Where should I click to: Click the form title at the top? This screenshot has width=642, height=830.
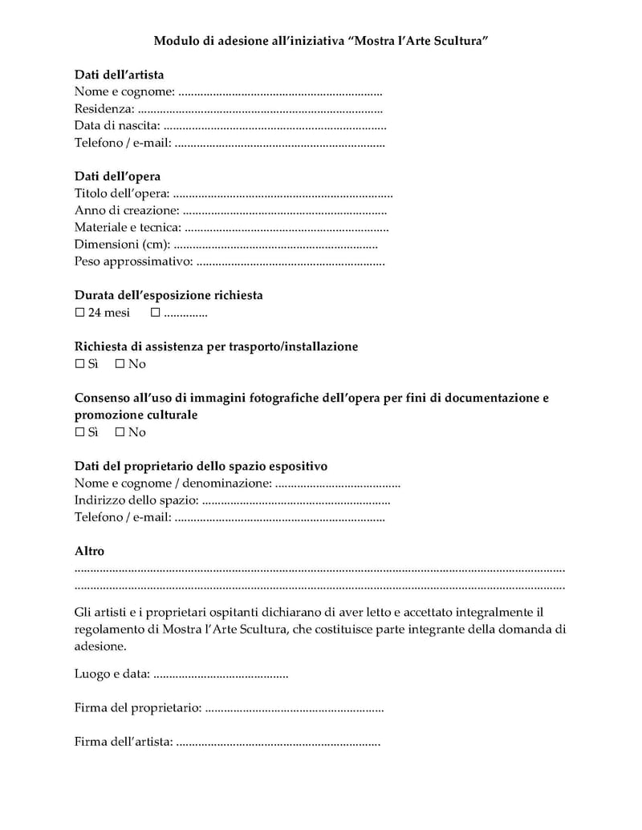[x=321, y=39]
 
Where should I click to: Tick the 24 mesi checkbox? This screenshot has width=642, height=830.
[x=79, y=313]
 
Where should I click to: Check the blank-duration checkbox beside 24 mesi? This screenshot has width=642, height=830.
[x=156, y=313]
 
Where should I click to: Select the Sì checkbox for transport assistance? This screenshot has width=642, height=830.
[x=79, y=364]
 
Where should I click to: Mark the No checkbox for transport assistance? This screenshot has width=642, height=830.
[x=120, y=364]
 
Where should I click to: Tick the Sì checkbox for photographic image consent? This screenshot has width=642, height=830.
[x=79, y=432]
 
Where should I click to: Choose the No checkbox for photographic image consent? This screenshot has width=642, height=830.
[x=120, y=432]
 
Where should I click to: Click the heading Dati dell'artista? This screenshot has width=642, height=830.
[x=119, y=75]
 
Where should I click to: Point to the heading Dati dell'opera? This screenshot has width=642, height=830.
[x=117, y=176]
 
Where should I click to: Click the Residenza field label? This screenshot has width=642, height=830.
[x=104, y=109]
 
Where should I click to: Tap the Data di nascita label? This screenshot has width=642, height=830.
[x=117, y=126]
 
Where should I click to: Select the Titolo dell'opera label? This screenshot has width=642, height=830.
[x=122, y=193]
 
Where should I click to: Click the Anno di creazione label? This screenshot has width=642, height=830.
[x=127, y=211]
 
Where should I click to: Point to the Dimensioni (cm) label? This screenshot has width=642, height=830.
[x=122, y=245]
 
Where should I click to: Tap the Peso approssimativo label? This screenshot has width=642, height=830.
[x=133, y=261]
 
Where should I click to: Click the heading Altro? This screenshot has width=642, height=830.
[x=89, y=552]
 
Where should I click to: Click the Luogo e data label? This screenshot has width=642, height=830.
[x=112, y=674]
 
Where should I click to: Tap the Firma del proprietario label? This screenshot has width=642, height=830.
[x=138, y=708]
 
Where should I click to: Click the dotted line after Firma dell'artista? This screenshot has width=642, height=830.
[x=278, y=743]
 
